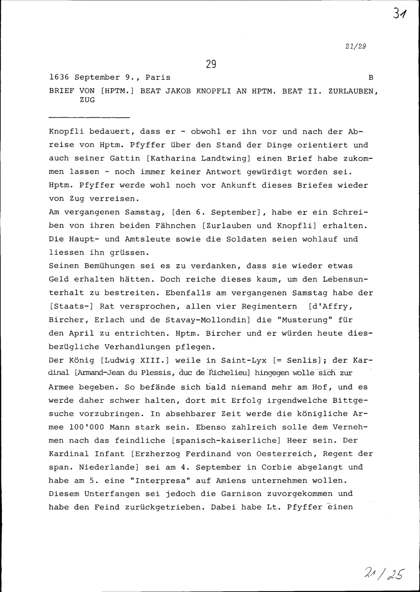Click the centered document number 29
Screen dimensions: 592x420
pos(211,64)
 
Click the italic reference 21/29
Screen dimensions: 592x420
pos(356,47)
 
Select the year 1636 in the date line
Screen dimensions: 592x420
pos(59,78)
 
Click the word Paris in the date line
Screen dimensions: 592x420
pos(158,78)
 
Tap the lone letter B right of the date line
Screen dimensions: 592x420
pos(370,78)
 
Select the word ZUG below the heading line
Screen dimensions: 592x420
pos(87,100)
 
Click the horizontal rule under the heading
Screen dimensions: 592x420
pos(89,117)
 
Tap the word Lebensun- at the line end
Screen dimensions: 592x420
pos(348,280)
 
